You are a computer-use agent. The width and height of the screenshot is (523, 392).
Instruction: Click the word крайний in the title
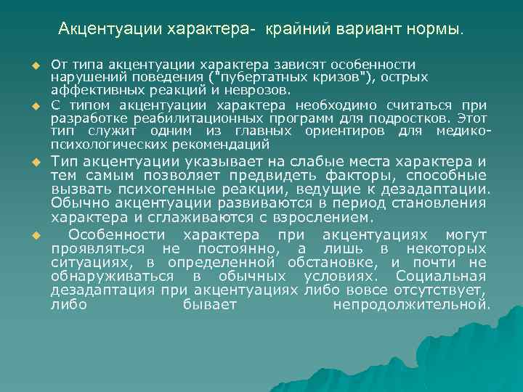click(x=296, y=30)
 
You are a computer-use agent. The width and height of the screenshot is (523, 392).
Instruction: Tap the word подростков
click(x=410, y=118)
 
